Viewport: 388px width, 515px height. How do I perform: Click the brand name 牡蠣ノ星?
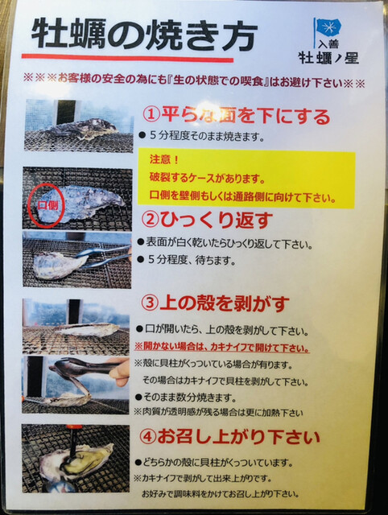pyautogui.click(x=328, y=58)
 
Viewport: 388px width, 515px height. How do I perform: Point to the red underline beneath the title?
pyautogui.click(x=127, y=58)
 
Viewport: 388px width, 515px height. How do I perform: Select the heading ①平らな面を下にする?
pyautogui.click(x=236, y=116)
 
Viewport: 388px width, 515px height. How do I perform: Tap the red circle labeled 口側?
pyautogui.click(x=47, y=206)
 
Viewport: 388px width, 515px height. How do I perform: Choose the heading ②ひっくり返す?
pyautogui.click(x=207, y=220)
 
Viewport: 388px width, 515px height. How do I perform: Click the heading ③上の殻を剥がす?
pyautogui.click(x=215, y=303)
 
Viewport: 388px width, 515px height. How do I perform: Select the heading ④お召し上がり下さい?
pyautogui.click(x=229, y=437)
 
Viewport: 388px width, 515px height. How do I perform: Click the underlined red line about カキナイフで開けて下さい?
pyautogui.click(x=221, y=347)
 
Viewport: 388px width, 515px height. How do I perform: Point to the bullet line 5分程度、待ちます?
pyautogui.click(x=187, y=261)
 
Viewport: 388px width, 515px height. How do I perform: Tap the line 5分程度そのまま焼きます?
pyautogui.click(x=202, y=136)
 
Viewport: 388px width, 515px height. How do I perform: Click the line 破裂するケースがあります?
pyautogui.click(x=207, y=179)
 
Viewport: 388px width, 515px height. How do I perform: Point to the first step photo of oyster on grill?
pyautogui.click(x=79, y=126)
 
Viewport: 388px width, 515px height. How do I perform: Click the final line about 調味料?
pyautogui.click(x=221, y=493)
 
